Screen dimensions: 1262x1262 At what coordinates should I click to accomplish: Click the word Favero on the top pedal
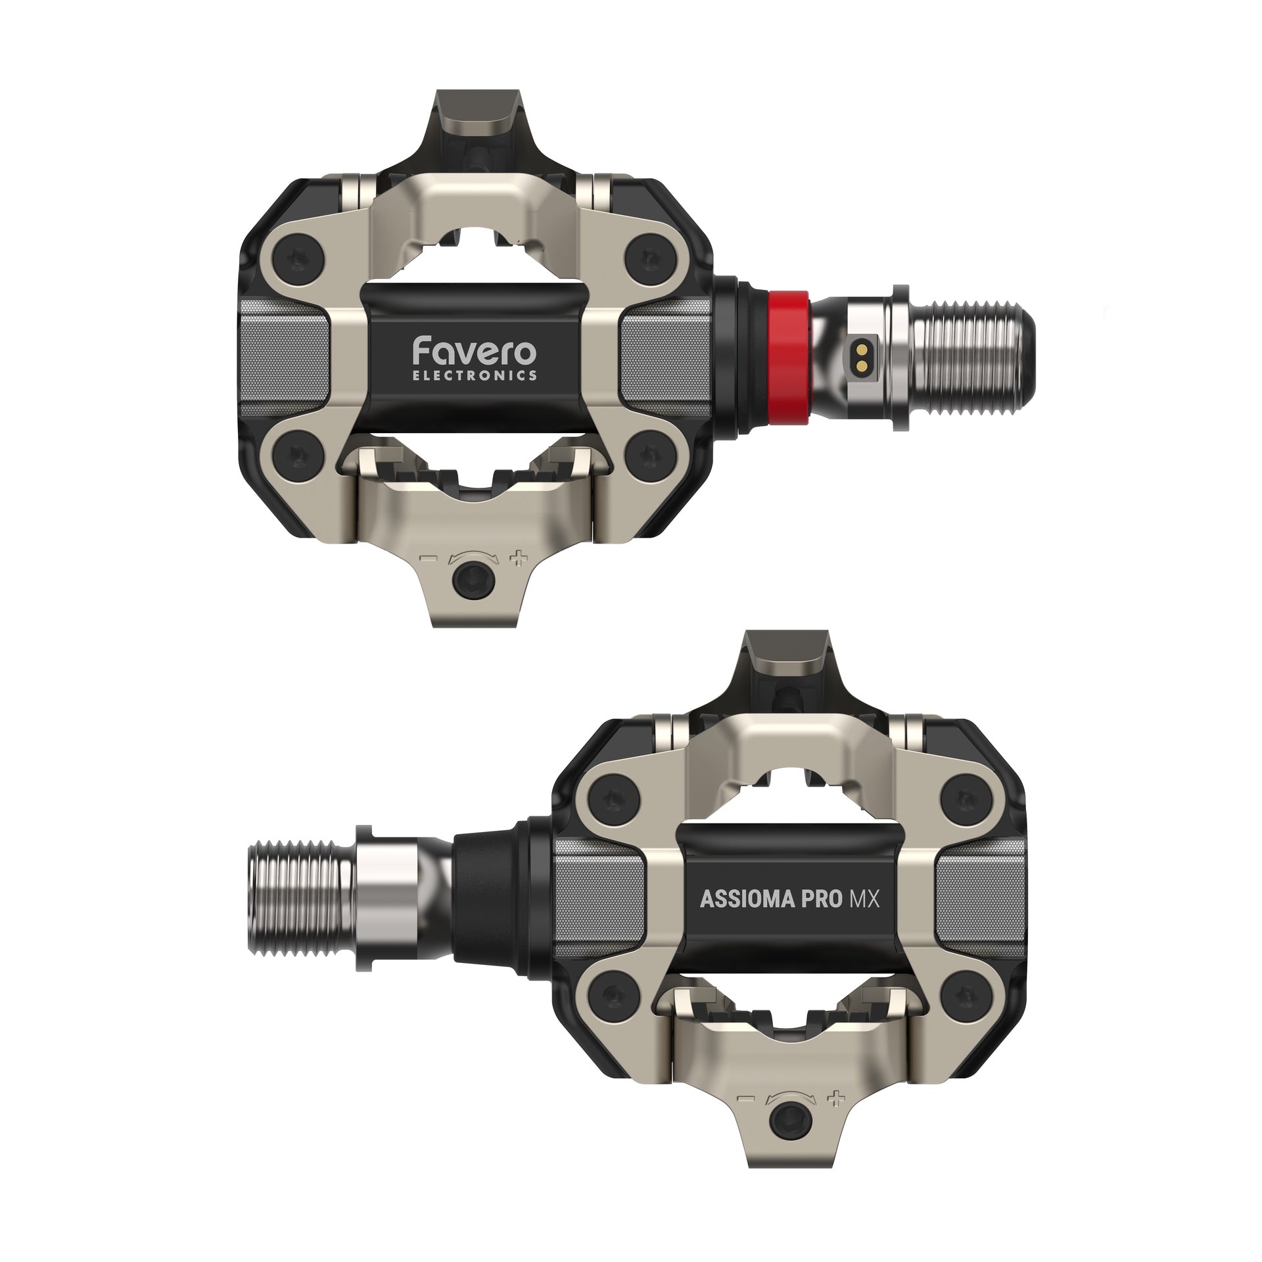474,352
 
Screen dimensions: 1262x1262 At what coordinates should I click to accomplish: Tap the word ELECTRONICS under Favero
474,376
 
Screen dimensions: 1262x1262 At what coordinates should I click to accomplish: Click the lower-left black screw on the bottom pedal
611,999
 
